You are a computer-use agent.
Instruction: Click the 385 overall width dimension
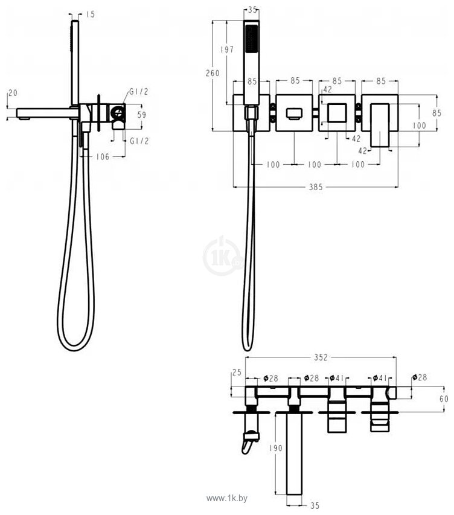[315, 187]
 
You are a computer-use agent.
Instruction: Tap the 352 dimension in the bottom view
[321, 357]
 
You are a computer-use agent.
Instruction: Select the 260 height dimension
[213, 73]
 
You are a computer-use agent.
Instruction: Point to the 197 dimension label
[227, 50]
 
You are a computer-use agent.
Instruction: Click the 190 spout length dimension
[276, 447]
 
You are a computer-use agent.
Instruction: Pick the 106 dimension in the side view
[103, 156]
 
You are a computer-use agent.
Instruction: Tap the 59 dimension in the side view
[142, 115]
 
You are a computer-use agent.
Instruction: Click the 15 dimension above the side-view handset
[90, 14]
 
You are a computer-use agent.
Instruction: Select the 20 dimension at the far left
[13, 93]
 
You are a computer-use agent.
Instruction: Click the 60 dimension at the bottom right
[444, 398]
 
